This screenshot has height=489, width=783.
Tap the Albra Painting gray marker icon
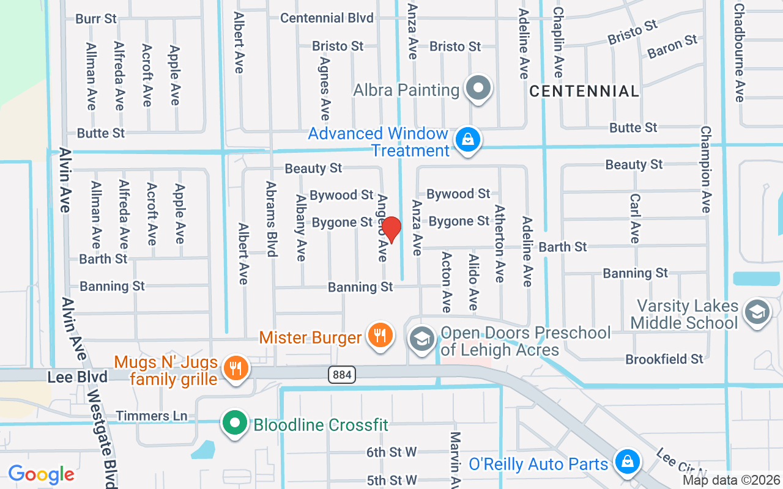(478, 89)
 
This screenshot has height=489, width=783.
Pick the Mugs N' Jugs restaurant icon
(234, 369)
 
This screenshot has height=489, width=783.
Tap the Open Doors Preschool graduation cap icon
(421, 339)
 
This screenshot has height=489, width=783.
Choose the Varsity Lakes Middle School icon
(757, 312)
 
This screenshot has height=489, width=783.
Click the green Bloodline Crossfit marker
(234, 424)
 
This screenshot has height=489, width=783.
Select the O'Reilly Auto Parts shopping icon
(626, 463)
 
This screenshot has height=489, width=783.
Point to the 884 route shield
(342, 375)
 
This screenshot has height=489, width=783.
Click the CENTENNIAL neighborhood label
(584, 92)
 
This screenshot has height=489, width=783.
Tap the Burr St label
(96, 19)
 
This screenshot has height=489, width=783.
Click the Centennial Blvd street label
(327, 18)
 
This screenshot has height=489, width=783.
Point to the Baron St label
(672, 46)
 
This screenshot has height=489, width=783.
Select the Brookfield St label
(664, 359)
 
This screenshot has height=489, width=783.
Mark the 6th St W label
(391, 452)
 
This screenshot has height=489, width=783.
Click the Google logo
(41, 474)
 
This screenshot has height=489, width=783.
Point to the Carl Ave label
(635, 218)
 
